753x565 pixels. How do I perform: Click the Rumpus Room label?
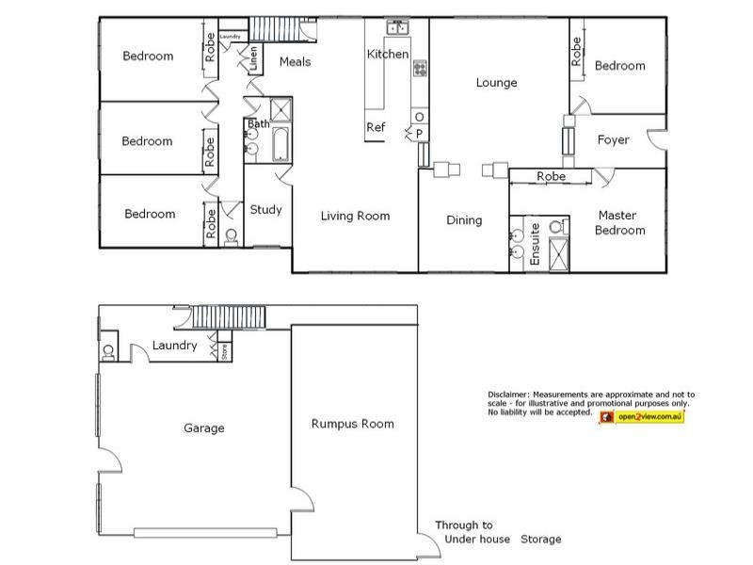pyautogui.click(x=352, y=424)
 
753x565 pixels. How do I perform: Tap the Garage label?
pyautogui.click(x=203, y=428)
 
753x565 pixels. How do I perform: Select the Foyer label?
pyautogui.click(x=614, y=140)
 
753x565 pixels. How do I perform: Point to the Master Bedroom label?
pyautogui.click(x=617, y=222)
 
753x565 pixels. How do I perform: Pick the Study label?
pyautogui.click(x=265, y=210)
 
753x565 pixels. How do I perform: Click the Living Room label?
pyautogui.click(x=355, y=216)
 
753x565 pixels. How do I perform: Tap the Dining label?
pyautogui.click(x=463, y=220)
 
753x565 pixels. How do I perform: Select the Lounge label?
pyautogui.click(x=496, y=83)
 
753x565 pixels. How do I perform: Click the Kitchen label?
pyautogui.click(x=388, y=55)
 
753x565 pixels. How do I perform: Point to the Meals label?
pyautogui.click(x=295, y=62)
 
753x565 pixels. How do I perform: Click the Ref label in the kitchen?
pyautogui.click(x=376, y=127)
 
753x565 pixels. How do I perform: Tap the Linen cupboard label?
pyautogui.click(x=254, y=59)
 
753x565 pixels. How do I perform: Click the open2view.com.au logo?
pyautogui.click(x=642, y=416)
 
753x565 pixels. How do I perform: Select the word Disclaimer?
pyautogui.click(x=508, y=394)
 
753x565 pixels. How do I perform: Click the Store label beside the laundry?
pyautogui.click(x=224, y=353)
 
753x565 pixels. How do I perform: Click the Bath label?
pyautogui.click(x=259, y=123)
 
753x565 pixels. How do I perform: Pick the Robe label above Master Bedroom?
pyautogui.click(x=551, y=176)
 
